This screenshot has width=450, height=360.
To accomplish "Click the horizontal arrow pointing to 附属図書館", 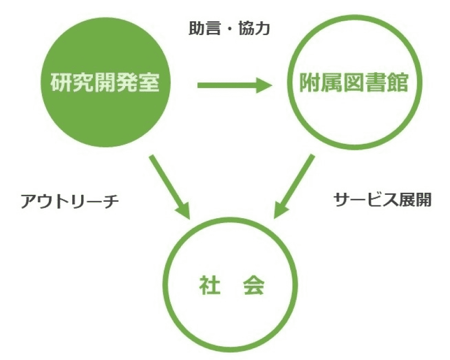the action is click(x=235, y=85).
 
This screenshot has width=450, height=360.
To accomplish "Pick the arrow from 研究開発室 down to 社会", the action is click(x=170, y=187).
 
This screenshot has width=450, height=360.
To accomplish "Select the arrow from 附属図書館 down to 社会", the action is click(x=294, y=186).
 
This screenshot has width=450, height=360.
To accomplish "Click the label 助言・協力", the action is click(x=229, y=29).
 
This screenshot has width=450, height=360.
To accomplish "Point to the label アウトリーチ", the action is click(x=70, y=201).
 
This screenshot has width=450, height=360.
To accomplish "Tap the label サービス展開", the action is click(x=383, y=199).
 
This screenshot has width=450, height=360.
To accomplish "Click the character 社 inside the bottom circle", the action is click(x=210, y=285).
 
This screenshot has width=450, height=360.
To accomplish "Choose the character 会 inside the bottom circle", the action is click(x=254, y=285).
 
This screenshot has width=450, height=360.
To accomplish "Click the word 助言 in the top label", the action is click(x=204, y=29).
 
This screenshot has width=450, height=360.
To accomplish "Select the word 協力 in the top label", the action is click(x=254, y=29).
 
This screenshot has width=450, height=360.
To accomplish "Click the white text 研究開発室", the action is click(x=105, y=82).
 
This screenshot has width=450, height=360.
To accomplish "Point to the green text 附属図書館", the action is click(x=353, y=83).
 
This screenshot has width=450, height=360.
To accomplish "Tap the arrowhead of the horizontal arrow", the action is click(x=264, y=85).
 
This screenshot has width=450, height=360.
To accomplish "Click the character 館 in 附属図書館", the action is click(x=397, y=83).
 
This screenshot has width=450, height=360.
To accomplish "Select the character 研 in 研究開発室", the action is click(x=61, y=82).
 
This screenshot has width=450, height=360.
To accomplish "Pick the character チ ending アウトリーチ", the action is click(x=110, y=201).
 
